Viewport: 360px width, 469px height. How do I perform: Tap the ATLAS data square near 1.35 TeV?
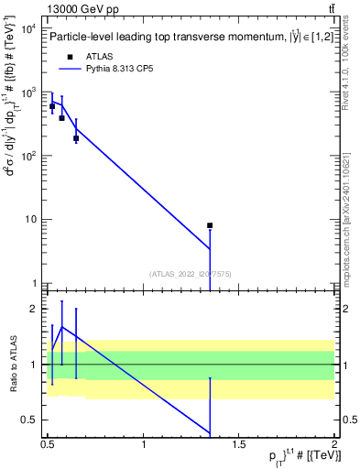(x=210, y=225)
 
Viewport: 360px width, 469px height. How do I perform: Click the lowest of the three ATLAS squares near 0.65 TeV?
(x=76, y=138)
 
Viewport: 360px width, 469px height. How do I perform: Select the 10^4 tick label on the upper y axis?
(x=28, y=28)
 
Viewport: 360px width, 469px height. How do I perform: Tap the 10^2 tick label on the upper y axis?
(x=28, y=156)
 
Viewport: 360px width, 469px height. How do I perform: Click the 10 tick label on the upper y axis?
(x=31, y=219)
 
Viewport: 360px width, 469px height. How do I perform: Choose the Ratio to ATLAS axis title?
(x=12, y=365)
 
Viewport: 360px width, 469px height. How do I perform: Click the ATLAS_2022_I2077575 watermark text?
(x=190, y=273)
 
